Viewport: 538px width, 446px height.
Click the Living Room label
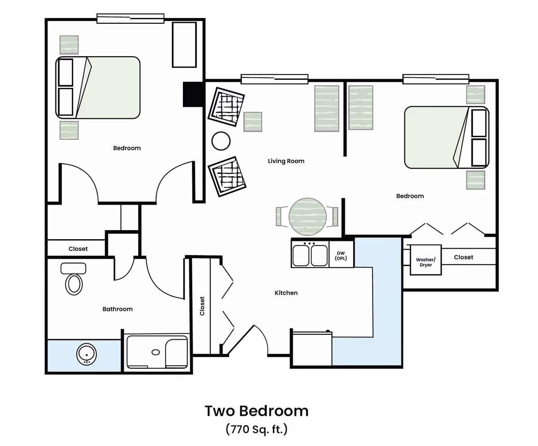(286, 161)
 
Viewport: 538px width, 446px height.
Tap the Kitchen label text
(286, 293)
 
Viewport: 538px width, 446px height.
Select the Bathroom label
(117, 309)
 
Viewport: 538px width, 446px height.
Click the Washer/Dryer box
(425, 260)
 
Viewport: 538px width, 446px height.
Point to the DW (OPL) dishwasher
(341, 254)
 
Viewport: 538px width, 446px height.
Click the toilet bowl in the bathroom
(74, 284)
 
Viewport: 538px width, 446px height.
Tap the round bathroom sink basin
(87, 354)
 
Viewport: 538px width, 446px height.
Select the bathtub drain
(156, 352)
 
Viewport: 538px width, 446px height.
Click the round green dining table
(308, 217)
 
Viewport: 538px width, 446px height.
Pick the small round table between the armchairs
(221, 141)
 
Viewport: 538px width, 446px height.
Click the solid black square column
(194, 94)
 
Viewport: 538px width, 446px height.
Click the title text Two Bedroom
(256, 411)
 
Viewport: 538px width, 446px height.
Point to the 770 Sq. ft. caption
(256, 429)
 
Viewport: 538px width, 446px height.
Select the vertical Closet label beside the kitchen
(202, 306)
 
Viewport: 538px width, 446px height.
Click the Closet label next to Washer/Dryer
(464, 257)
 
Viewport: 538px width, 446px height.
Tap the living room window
(274, 79)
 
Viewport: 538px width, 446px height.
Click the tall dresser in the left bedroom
(184, 45)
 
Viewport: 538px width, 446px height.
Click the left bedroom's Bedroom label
(127, 148)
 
